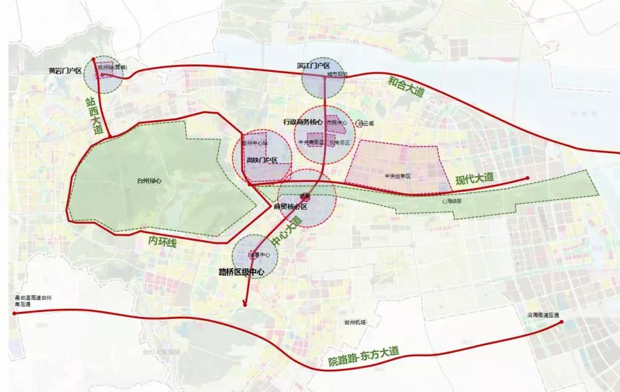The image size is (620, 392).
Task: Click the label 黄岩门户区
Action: [66, 71]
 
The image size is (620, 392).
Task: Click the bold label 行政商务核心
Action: [303, 122]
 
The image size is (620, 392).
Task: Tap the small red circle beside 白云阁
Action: [358, 124]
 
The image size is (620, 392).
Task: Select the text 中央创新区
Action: [397, 176]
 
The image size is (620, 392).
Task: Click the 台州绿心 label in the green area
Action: [149, 181]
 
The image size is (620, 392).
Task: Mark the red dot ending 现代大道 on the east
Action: [528, 179]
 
